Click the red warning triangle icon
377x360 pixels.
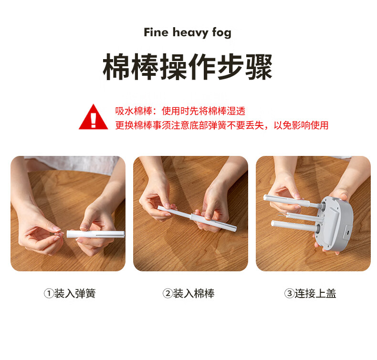(x=93, y=117)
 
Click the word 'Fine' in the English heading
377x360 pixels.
(x=156, y=32)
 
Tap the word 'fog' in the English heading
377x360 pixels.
(x=220, y=33)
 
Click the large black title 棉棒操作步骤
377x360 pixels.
(x=188, y=67)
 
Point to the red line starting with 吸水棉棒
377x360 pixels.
(x=180, y=111)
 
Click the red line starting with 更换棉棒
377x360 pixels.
(x=221, y=125)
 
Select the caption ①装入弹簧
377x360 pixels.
(x=70, y=294)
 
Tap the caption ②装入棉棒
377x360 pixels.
(x=188, y=294)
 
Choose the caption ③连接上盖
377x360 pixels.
(x=310, y=294)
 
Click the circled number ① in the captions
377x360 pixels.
(x=49, y=294)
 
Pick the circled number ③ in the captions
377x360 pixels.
(x=289, y=294)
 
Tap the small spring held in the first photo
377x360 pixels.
(x=60, y=233)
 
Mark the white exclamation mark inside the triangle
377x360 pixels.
(x=93, y=119)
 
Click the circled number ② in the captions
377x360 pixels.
(x=168, y=294)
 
